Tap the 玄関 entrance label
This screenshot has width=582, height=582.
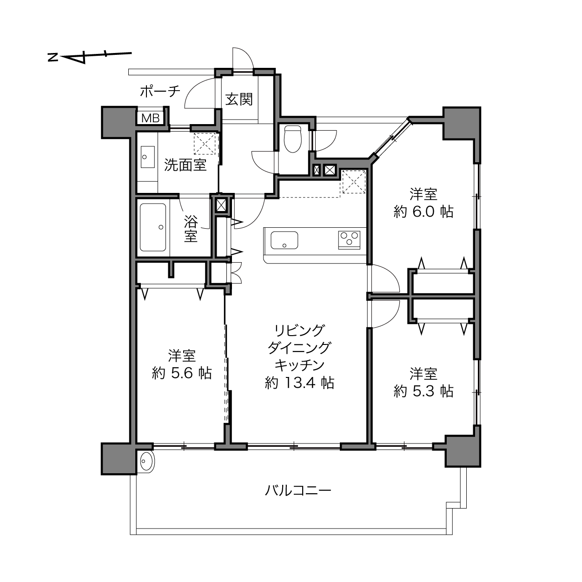[x=239, y=99]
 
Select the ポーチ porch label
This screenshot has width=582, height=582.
[x=160, y=91]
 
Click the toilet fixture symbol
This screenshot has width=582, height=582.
[x=293, y=139]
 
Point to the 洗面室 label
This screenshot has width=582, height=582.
[x=185, y=165]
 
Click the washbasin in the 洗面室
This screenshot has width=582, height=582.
[x=148, y=157]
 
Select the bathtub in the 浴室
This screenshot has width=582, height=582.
[x=153, y=227]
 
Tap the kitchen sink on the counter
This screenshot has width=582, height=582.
[x=284, y=240]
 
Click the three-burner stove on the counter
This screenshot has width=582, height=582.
[x=349, y=240]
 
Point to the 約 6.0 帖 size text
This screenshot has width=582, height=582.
[x=423, y=212]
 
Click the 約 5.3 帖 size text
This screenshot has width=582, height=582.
[x=423, y=391]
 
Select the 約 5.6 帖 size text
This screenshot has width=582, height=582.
[x=181, y=373]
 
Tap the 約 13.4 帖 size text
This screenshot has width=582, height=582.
[x=299, y=383]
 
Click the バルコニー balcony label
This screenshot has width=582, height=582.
[x=298, y=490]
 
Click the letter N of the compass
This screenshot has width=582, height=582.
[x=53, y=57]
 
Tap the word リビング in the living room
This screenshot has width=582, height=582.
[x=299, y=331]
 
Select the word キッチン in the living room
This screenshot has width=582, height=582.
[x=299, y=365]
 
